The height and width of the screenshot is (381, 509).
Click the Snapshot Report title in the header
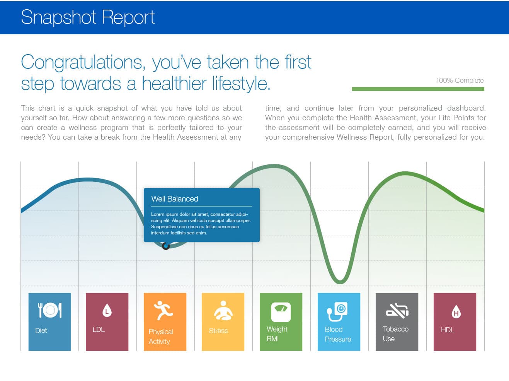[88, 17]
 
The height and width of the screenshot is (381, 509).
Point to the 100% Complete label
[460, 80]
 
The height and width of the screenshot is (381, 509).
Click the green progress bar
[418, 89]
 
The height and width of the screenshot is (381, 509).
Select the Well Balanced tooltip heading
[175, 199]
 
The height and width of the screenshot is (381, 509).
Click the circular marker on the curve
[166, 246]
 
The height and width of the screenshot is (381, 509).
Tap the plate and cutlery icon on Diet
[50, 310]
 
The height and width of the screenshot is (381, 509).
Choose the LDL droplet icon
[107, 310]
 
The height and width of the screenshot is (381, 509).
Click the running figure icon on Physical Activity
[163, 311]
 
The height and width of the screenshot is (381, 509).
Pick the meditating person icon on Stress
[223, 310]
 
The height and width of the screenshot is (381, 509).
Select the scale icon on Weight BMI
[281, 312]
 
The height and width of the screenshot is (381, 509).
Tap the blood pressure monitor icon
[337, 311]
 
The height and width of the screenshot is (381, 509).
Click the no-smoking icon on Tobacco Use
[397, 311]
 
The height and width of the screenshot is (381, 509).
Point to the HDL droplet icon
[456, 312]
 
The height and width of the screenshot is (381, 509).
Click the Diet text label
[41, 330]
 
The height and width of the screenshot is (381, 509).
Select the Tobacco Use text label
[395, 334]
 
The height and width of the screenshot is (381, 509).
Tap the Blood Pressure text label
[338, 334]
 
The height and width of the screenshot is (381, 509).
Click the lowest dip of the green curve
[340, 282]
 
